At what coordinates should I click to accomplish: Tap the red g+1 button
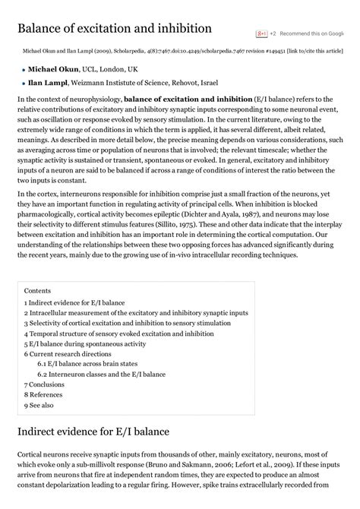click(262, 34)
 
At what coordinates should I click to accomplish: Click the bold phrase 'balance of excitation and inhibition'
click(188, 100)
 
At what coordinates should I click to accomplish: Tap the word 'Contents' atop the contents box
click(38, 291)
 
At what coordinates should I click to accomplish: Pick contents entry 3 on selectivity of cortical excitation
click(127, 323)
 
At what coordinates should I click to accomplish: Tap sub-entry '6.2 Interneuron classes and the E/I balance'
click(101, 375)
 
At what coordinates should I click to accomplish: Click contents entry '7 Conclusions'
click(44, 385)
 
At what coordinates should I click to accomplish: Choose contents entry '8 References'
click(43, 395)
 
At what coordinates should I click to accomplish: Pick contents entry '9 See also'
click(39, 406)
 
